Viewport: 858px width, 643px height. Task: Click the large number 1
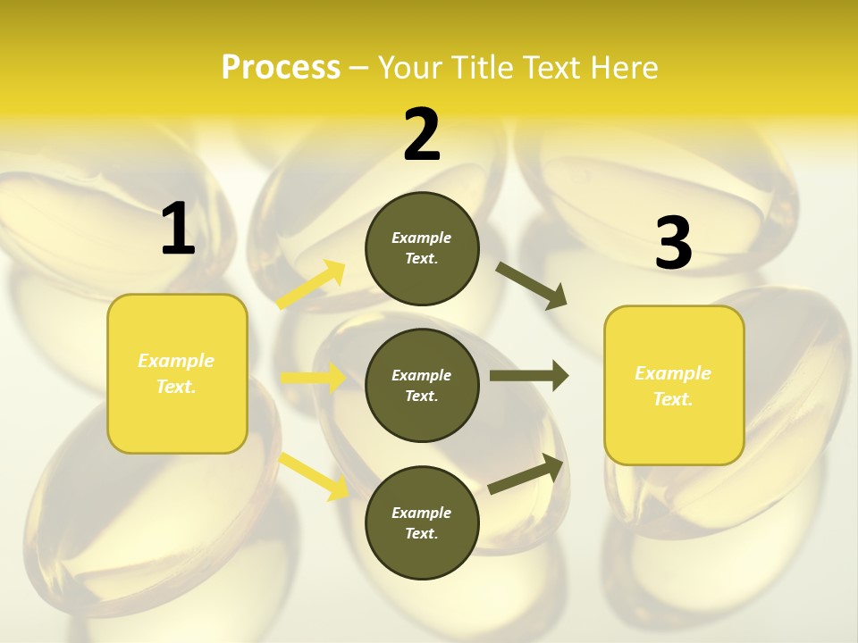coord(178,230)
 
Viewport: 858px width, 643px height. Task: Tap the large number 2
coord(422,135)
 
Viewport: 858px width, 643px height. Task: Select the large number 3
coord(673,244)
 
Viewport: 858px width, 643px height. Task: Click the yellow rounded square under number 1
coord(177,373)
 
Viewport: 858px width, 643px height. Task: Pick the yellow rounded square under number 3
coord(674,386)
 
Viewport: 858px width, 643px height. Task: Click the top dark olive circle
coord(422,248)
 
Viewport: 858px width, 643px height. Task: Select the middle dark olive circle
coord(422,385)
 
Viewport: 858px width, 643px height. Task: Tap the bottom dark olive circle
coord(422,522)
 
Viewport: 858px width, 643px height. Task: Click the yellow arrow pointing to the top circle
coord(312,284)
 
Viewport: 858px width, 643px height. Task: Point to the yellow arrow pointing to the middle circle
coord(313,378)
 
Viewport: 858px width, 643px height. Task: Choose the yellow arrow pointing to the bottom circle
coord(314,476)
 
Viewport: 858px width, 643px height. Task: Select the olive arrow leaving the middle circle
coord(529,376)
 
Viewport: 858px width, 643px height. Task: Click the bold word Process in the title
coord(281,67)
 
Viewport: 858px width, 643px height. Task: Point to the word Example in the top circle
coord(422,238)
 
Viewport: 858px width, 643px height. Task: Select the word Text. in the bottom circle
coord(422,533)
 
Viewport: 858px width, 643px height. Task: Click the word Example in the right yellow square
coord(673,373)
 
